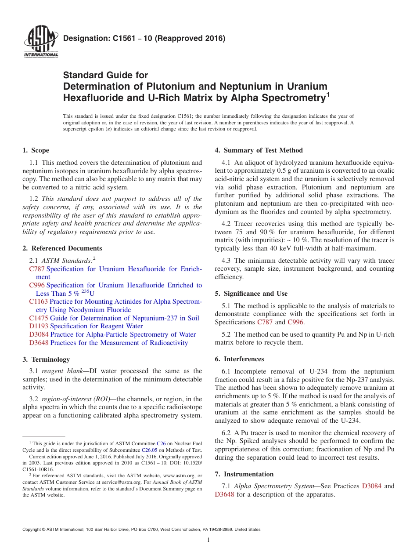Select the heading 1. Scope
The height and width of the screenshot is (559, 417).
coord(36,150)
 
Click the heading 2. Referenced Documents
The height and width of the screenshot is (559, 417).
coord(62,248)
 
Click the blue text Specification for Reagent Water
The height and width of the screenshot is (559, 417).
coord(96,326)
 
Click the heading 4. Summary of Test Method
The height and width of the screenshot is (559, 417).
coord(259,150)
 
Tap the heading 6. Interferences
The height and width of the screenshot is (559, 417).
coord(239,359)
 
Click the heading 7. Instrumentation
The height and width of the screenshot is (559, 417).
coord(244,474)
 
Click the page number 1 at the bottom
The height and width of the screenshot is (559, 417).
coord(208,540)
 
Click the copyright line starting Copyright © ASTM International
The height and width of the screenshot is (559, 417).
coord(141,530)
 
